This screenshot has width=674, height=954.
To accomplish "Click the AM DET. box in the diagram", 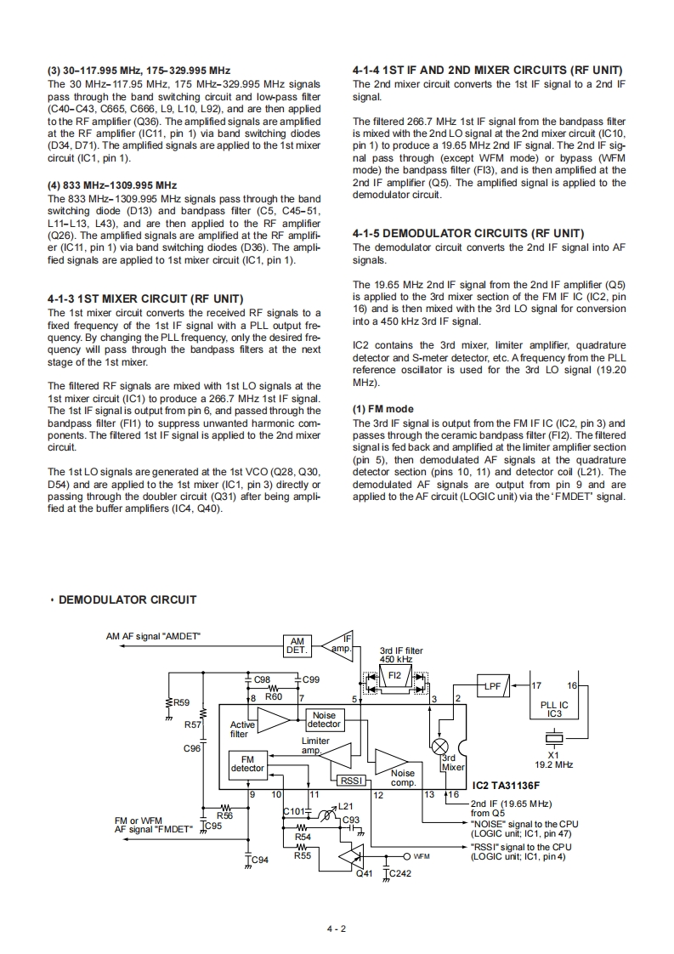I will (297, 646).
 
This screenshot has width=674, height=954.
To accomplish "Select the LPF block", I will (492, 686).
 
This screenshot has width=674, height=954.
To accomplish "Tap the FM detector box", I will (247, 763).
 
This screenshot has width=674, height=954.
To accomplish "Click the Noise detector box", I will (324, 720).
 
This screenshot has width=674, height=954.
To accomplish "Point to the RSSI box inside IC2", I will (351, 781).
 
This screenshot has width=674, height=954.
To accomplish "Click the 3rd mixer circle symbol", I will (441, 746).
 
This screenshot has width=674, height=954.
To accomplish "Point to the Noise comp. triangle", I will (392, 760).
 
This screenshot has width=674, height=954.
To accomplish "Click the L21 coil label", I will (345, 806).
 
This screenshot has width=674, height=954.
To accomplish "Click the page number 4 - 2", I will (337, 928).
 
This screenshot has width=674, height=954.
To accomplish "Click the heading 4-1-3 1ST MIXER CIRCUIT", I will (145, 298).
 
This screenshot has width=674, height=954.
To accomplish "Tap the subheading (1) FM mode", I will (382, 409).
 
